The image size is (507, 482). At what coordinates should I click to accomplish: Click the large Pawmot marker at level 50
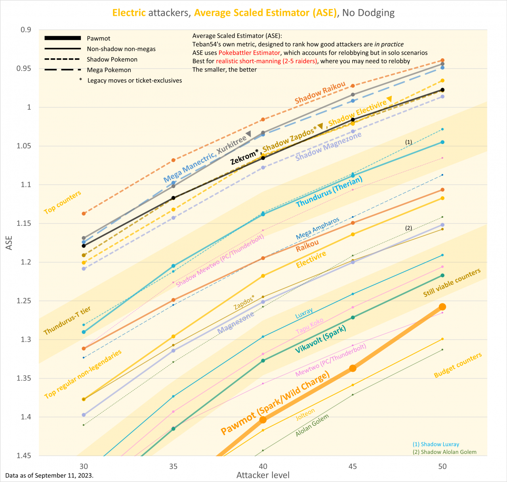click(x=442, y=307)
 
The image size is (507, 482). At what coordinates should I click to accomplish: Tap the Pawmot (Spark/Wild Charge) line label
click(x=275, y=403)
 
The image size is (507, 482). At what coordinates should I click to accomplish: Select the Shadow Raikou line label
click(x=320, y=94)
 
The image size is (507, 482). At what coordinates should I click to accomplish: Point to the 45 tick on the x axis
click(x=353, y=466)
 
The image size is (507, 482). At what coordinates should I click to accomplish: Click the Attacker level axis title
click(x=263, y=475)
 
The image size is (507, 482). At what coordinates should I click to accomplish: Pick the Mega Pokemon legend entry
click(x=109, y=70)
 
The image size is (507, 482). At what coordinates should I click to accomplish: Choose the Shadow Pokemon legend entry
click(x=112, y=60)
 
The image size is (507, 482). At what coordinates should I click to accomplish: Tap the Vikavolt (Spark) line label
click(x=320, y=340)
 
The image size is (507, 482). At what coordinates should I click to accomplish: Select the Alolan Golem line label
click(x=312, y=426)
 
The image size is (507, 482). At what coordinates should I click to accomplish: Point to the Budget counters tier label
click(x=458, y=365)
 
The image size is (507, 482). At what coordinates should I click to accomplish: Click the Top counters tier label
click(x=63, y=202)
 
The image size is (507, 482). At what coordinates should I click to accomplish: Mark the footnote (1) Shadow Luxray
click(x=436, y=444)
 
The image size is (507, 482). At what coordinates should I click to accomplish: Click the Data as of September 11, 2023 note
click(x=50, y=475)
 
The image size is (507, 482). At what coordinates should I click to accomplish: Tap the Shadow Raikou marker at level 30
click(x=84, y=213)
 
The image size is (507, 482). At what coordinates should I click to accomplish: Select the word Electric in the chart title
click(x=129, y=13)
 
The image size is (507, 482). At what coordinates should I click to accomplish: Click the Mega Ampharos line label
click(x=318, y=229)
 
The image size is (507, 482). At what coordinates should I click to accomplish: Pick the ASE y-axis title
click(x=9, y=243)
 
